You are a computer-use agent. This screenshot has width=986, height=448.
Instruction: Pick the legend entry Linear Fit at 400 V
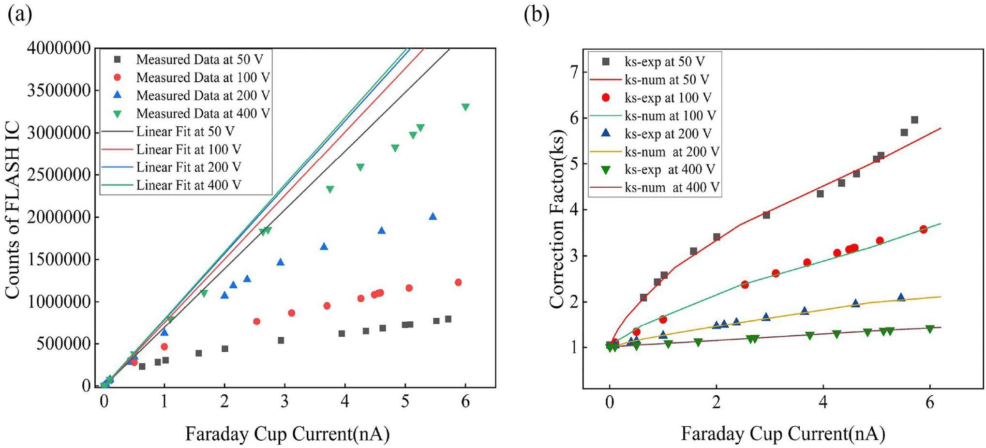[188, 185]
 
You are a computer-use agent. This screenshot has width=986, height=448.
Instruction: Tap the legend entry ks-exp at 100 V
[668, 98]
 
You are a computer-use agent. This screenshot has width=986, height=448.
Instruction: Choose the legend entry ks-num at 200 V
[672, 152]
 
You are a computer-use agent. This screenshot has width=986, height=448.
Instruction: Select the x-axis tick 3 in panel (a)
[284, 401]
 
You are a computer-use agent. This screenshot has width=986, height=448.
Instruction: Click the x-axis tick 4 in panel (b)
[823, 403]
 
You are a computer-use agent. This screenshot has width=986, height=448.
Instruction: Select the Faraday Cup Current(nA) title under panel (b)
[782, 433]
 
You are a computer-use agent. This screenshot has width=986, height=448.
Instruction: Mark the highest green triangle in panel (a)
[465, 107]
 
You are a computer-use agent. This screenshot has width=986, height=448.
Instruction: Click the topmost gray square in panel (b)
[914, 120]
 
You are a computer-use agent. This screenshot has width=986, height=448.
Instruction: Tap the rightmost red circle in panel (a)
[458, 282]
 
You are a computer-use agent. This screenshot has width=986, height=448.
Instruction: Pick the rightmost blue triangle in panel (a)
[433, 216]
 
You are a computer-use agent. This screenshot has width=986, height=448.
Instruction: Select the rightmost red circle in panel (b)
[923, 229]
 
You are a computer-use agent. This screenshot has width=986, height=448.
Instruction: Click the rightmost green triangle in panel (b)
[929, 329]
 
